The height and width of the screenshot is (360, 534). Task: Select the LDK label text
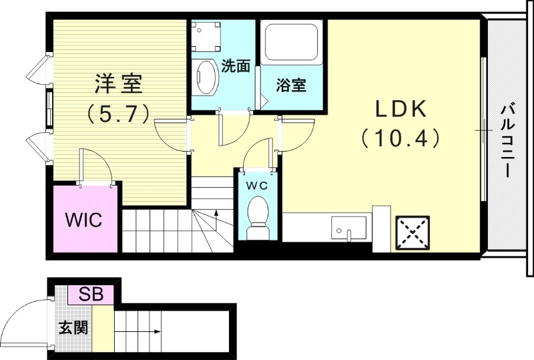399,109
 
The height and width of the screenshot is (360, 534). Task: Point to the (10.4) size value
400,138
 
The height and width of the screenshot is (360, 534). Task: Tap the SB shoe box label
91,294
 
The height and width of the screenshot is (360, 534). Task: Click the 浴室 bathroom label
292,85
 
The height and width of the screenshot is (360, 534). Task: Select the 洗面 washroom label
236,66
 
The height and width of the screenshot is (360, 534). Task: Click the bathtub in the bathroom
291,44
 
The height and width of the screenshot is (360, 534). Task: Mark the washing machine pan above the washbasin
206,37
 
